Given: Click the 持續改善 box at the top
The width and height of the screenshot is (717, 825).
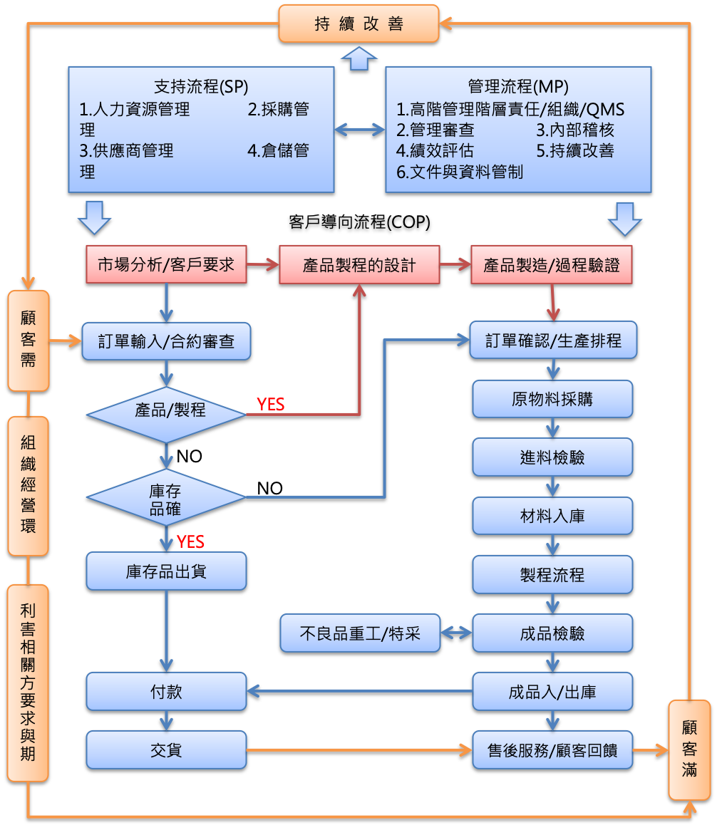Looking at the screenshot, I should click(x=358, y=24).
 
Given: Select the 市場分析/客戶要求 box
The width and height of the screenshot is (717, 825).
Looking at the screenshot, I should click(x=166, y=265).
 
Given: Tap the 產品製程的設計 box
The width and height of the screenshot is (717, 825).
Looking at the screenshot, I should click(x=358, y=265).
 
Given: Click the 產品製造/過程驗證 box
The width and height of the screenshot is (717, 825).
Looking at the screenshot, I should click(x=552, y=265).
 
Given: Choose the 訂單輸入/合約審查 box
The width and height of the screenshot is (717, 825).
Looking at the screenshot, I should click(x=166, y=341).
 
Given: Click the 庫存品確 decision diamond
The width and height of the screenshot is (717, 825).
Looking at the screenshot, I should click(x=166, y=497).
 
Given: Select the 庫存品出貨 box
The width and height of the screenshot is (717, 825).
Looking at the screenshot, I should click(x=166, y=571).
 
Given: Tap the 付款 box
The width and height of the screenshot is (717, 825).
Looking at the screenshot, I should click(x=166, y=691).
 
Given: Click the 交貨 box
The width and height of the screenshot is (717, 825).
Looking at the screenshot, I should click(x=166, y=749).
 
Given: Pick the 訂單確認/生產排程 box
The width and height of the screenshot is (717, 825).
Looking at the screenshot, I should click(x=553, y=341).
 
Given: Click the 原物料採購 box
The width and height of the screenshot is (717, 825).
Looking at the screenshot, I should click(x=552, y=399).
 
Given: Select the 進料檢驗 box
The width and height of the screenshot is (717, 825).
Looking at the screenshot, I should click(x=552, y=457).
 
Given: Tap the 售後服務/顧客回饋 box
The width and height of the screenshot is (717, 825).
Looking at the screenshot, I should click(x=552, y=749).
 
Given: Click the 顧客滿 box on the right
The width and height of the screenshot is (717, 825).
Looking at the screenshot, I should click(x=689, y=749).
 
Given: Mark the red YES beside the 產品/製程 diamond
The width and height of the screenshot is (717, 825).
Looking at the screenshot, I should click(x=271, y=405).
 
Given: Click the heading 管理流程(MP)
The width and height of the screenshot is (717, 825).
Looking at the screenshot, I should click(x=518, y=86).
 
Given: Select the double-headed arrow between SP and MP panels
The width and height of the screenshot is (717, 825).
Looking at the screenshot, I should click(x=360, y=130).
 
